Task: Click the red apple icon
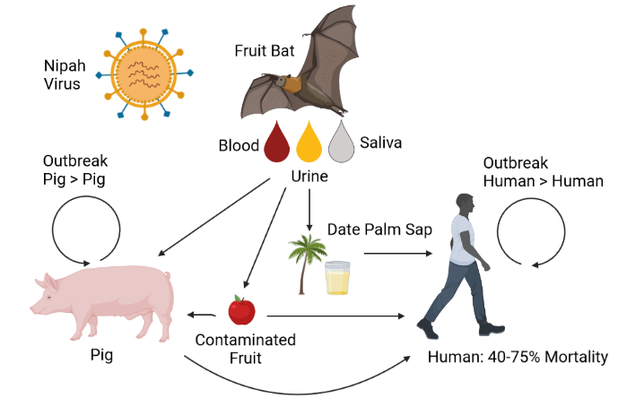(241, 310)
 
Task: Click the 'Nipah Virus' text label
(63, 75)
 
